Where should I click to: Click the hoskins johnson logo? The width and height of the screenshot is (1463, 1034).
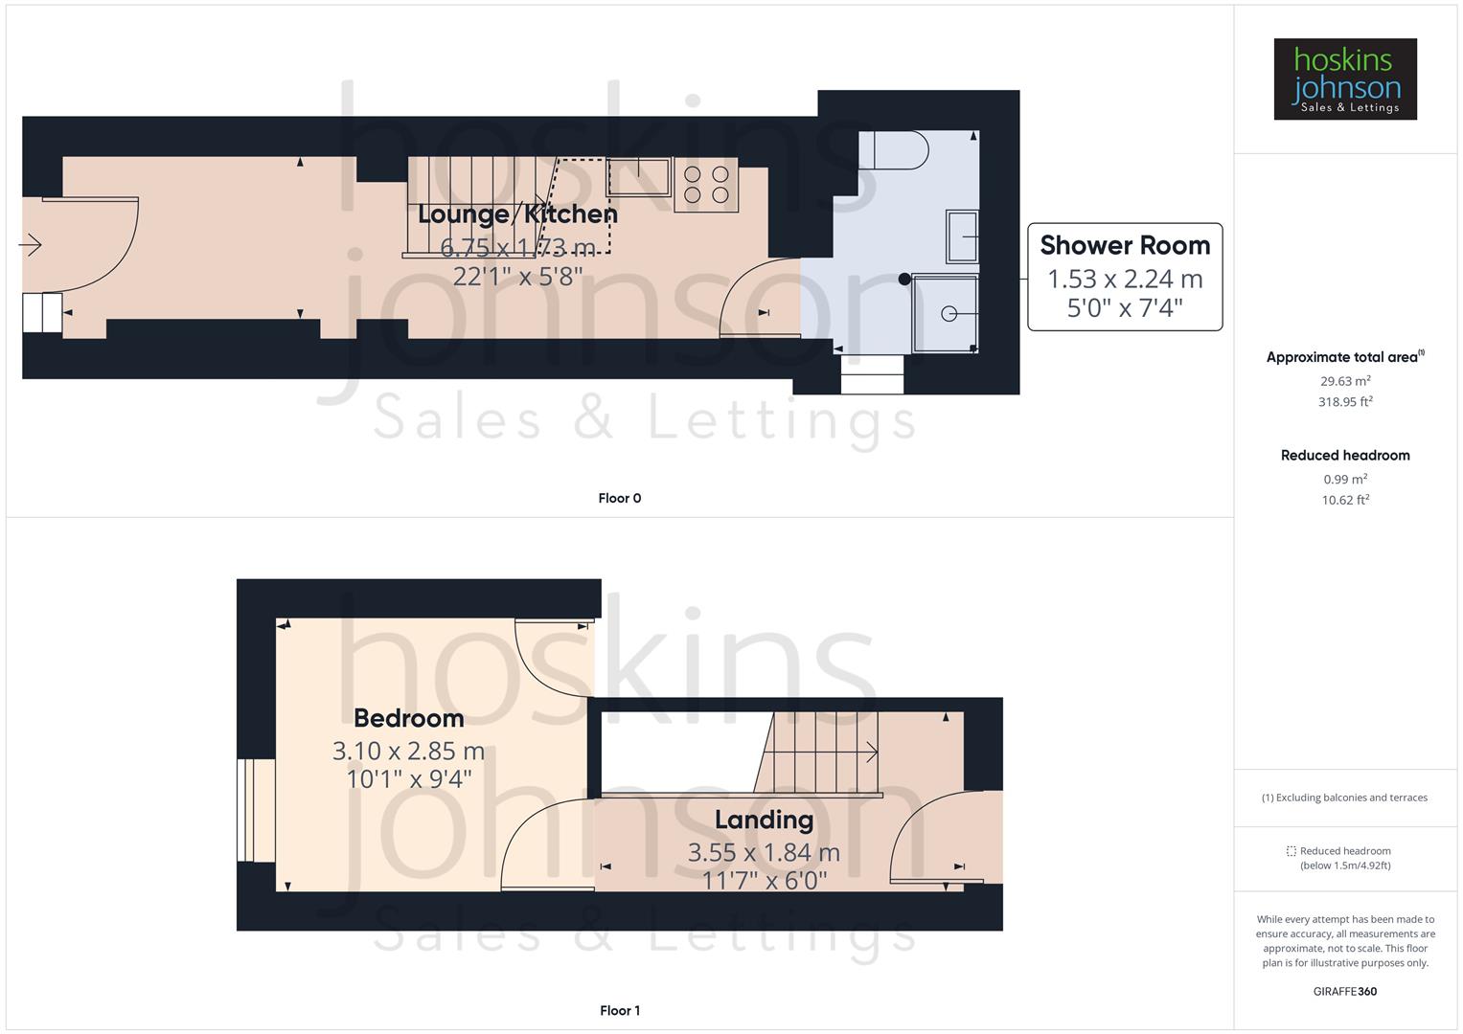tap(1344, 79)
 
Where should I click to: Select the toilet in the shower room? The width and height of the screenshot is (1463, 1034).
tap(894, 149)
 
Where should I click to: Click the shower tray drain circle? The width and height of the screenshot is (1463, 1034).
tap(949, 313)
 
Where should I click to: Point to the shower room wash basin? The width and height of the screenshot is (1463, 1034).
tap(962, 236)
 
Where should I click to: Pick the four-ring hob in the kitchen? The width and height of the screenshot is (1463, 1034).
tap(706, 185)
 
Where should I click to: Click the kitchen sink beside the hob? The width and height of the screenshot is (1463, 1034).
tap(638, 176)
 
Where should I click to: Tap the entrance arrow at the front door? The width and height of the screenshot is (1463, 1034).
tap(31, 246)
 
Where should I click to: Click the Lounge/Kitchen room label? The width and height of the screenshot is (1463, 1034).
tap(517, 214)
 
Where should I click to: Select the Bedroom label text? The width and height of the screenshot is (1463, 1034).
tap(408, 718)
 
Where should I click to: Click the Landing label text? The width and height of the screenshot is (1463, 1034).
tap(764, 820)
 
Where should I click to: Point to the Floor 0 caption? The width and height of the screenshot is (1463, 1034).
tap(619, 498)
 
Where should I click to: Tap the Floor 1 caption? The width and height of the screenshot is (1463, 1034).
tap(619, 1010)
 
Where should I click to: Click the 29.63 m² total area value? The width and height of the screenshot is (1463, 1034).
tap(1345, 381)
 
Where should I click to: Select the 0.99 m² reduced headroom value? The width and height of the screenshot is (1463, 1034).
tap(1345, 479)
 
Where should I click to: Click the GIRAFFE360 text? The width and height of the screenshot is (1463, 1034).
tap(1344, 991)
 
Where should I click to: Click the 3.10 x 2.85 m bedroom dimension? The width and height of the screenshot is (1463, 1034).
tap(408, 752)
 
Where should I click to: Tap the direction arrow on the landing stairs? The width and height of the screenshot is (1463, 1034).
tap(871, 753)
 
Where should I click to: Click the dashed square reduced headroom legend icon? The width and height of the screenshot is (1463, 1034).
tap(1291, 850)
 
